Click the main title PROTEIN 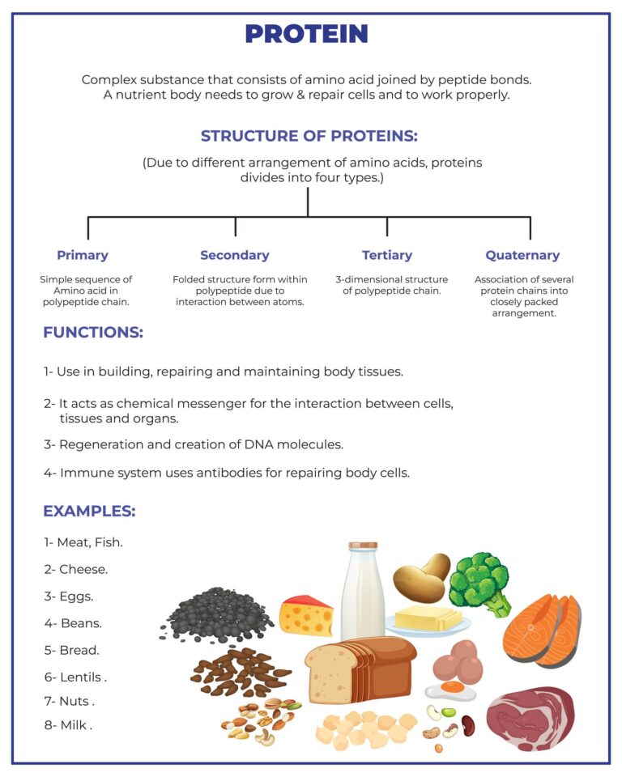[306, 34]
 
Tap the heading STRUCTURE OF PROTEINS [309, 136]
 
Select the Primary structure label [83, 255]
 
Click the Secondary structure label [235, 255]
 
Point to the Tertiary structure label [387, 255]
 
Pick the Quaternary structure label [522, 255]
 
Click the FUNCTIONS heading [93, 332]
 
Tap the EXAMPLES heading [89, 511]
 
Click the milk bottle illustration [363, 591]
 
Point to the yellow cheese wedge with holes [306, 616]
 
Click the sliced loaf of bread [360, 670]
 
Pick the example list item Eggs [69, 597]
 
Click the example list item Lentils [75, 677]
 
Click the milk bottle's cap [363, 546]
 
